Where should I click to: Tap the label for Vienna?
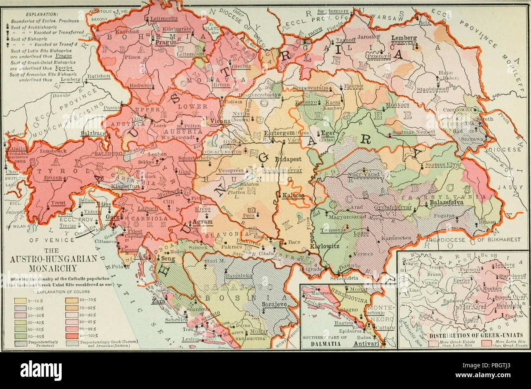pos(220,121)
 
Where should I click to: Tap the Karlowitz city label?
pos(322,247)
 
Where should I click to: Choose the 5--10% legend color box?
pos(20,301)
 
